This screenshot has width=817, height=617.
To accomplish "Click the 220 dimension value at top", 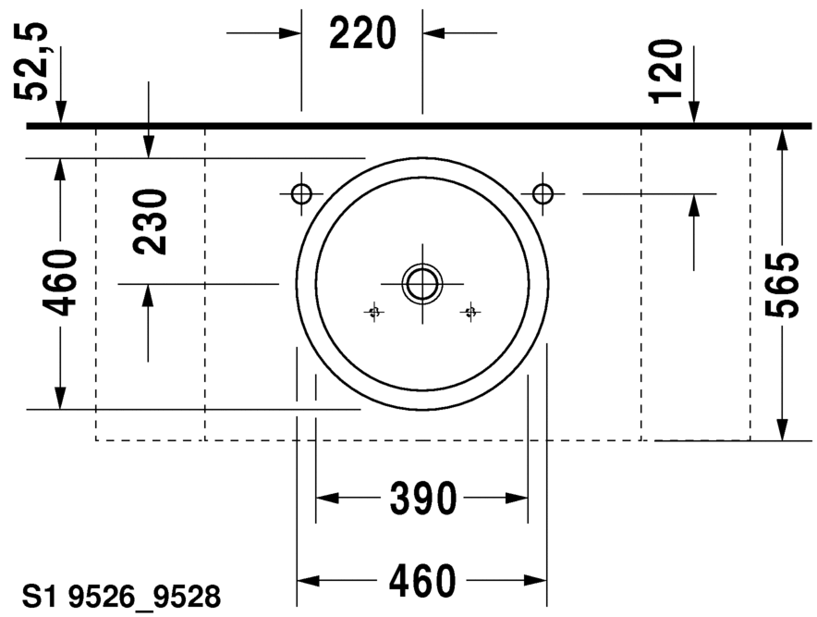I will click(x=362, y=34).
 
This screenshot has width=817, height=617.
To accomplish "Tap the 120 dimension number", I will click(x=666, y=70).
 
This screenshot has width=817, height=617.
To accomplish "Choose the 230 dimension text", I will click(x=150, y=222).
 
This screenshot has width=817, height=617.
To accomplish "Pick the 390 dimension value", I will click(x=422, y=499).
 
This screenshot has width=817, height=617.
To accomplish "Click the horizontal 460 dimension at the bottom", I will click(x=422, y=581).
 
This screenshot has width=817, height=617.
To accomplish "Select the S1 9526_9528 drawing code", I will click(x=122, y=598).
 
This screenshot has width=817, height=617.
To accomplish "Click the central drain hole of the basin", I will click(x=422, y=283).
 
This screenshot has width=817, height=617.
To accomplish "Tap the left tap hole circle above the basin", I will click(x=301, y=193).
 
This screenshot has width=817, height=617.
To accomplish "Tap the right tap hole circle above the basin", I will click(x=543, y=193).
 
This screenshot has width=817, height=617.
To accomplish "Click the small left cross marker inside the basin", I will click(x=373, y=312).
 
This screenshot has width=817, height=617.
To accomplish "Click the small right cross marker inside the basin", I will click(x=470, y=312).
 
